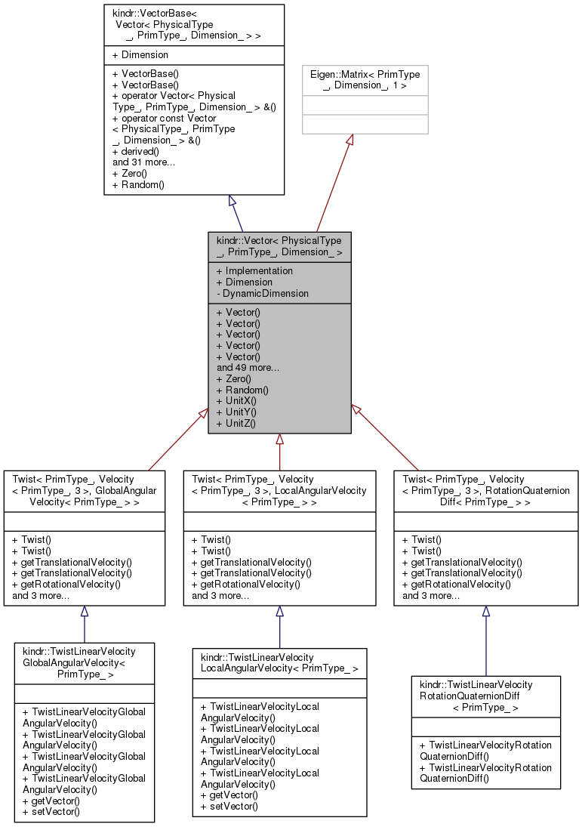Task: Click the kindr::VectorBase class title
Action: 194,25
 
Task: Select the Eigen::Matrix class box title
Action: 365,80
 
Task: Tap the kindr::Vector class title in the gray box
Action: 279,246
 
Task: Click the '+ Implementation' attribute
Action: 254,271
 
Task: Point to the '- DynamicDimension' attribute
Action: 262,293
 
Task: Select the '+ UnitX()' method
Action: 236,401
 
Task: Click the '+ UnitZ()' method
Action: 236,423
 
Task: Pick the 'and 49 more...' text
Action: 248,368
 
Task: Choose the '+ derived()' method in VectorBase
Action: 135,151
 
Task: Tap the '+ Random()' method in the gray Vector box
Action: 242,390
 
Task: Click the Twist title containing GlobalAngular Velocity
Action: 85,490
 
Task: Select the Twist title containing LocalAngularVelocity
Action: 279,490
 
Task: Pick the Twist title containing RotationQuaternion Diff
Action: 486,490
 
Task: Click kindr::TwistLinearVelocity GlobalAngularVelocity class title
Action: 85,662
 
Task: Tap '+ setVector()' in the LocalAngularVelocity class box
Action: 229,806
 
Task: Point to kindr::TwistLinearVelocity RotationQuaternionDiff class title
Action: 485,696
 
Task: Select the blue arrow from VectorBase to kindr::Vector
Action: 237,213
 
